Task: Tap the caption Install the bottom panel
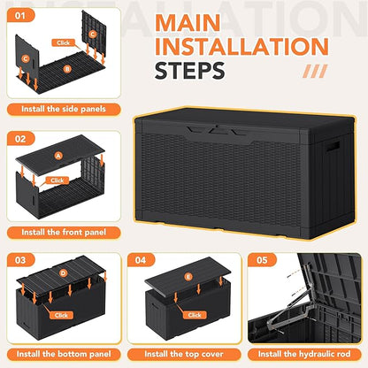(65, 355)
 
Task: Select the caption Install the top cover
(183, 355)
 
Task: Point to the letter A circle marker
(59, 157)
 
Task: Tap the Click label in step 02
(58, 180)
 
